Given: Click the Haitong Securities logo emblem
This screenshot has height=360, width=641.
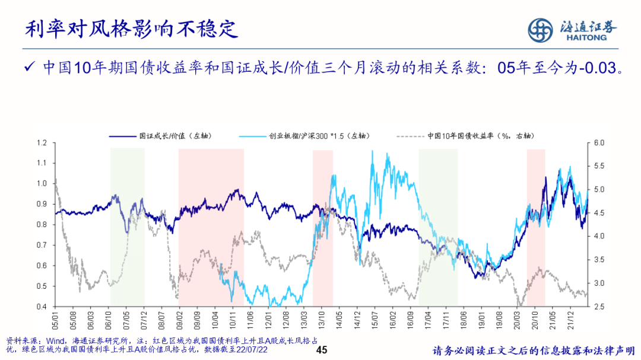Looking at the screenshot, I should (x=541, y=30).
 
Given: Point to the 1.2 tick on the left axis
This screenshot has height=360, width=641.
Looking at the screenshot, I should (x=42, y=143).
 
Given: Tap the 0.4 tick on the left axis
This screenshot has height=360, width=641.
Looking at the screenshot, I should (x=42, y=307).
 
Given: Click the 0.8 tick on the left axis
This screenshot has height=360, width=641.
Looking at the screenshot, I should (x=42, y=225).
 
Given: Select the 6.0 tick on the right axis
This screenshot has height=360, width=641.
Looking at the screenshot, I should (x=599, y=143).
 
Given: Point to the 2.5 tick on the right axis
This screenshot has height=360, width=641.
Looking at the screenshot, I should (x=599, y=307).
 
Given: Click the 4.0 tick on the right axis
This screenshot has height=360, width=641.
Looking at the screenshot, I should (x=599, y=237).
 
